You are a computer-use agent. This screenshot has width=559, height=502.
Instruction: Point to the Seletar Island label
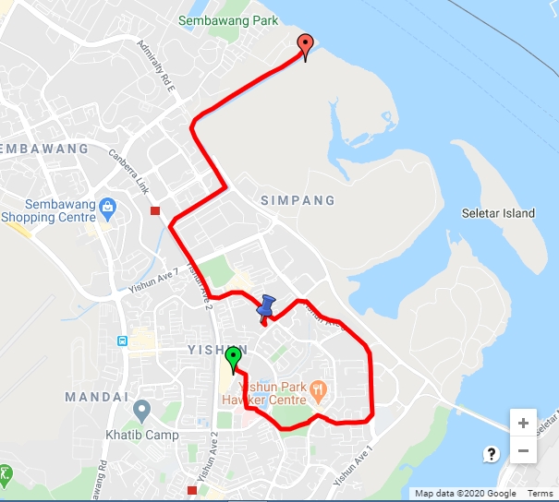click(498, 213)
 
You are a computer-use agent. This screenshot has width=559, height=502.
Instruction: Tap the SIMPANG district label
click(298, 200)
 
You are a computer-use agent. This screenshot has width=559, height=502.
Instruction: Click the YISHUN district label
click(219, 350)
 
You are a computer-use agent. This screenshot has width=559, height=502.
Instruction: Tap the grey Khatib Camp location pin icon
click(141, 409)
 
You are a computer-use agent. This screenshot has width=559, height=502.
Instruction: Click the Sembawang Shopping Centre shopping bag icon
click(108, 205)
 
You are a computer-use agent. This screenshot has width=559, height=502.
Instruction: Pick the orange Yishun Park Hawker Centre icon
click(319, 388)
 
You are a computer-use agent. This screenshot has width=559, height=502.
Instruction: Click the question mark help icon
click(492, 453)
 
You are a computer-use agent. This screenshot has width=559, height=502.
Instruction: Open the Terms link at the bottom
click(540, 494)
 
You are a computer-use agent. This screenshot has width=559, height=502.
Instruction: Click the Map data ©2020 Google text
click(465, 494)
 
